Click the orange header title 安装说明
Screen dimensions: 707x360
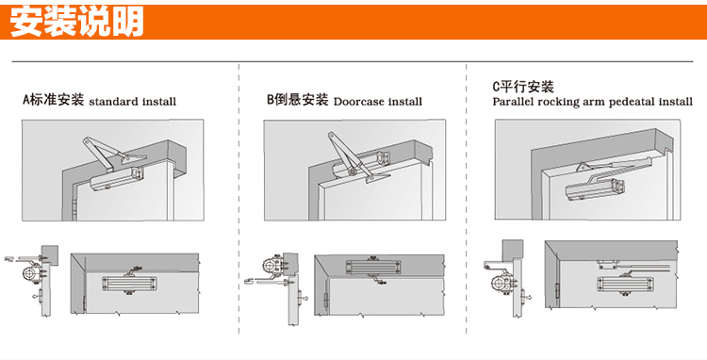pyautogui.click(x=76, y=21)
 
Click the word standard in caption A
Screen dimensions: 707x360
pyautogui.click(x=114, y=102)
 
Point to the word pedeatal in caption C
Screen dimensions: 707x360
pyautogui.click(x=633, y=103)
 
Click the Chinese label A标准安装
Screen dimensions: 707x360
pyautogui.click(x=54, y=99)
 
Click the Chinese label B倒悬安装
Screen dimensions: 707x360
pyautogui.click(x=298, y=99)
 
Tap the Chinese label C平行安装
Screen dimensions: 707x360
pyautogui.click(x=523, y=86)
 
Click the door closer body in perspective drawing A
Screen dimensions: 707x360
pyautogui.click(x=117, y=178)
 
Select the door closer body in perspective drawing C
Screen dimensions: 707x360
pyautogui.click(x=596, y=190)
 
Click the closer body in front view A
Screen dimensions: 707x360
pyautogui.click(x=129, y=284)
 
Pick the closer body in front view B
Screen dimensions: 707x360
pyautogui.click(x=373, y=268)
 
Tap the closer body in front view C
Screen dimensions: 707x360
pyautogui.click(x=624, y=284)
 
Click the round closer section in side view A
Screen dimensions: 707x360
pyautogui.click(x=30, y=273)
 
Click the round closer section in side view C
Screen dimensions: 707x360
pyautogui.click(x=500, y=284)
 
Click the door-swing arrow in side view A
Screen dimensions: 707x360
pyautogui.click(x=36, y=297)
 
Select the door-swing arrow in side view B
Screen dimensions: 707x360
pyautogui.click(x=304, y=298)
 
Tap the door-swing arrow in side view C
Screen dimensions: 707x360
pyautogui.click(x=528, y=298)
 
